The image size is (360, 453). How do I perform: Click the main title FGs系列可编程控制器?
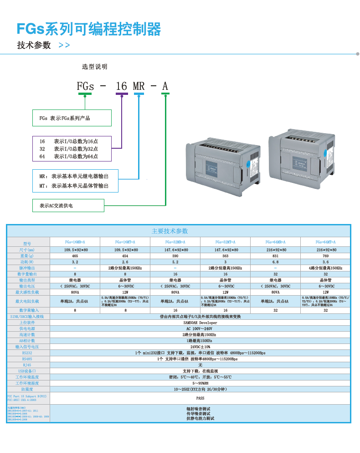click(x=89, y=29)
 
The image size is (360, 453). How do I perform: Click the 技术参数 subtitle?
click(x=34, y=46)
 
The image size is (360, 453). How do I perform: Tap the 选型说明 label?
click(x=94, y=67)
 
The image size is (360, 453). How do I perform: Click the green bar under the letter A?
click(x=165, y=94)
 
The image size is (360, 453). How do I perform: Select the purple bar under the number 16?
click(x=122, y=94)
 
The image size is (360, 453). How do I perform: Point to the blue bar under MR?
click(x=139, y=94)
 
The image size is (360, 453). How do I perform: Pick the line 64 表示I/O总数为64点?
click(x=69, y=156)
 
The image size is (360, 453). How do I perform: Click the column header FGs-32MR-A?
click(x=175, y=242)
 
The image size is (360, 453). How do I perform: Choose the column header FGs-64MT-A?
click(x=325, y=242)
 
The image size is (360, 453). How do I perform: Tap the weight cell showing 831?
click(x=275, y=256)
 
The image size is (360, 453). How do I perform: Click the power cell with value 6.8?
click(x=275, y=262)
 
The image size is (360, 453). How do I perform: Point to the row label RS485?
click(x=27, y=359)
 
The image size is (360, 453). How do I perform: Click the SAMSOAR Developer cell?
click(x=200, y=323)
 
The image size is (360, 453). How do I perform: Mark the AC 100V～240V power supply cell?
click(x=200, y=328)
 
